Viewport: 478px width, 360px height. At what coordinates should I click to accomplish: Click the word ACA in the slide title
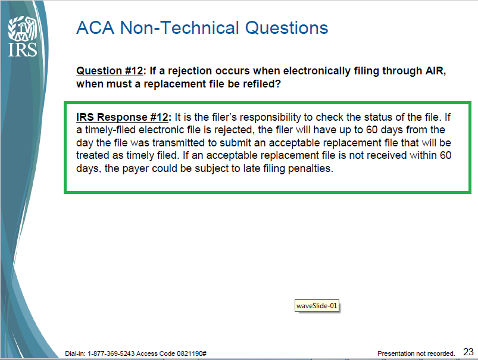tap(95, 28)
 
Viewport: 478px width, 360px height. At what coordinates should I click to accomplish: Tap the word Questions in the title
tap(286, 28)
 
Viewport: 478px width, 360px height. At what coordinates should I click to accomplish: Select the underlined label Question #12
tap(110, 71)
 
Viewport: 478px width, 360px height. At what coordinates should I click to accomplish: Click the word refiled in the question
tap(261, 84)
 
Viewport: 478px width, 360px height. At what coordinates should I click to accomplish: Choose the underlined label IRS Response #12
tap(122, 117)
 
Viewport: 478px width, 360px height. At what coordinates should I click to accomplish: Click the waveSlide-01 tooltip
tap(317, 306)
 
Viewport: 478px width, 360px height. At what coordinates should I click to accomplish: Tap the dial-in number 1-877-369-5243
tap(111, 353)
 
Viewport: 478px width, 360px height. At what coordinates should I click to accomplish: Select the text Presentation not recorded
tap(416, 353)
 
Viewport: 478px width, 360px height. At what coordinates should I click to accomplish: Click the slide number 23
tap(468, 352)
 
